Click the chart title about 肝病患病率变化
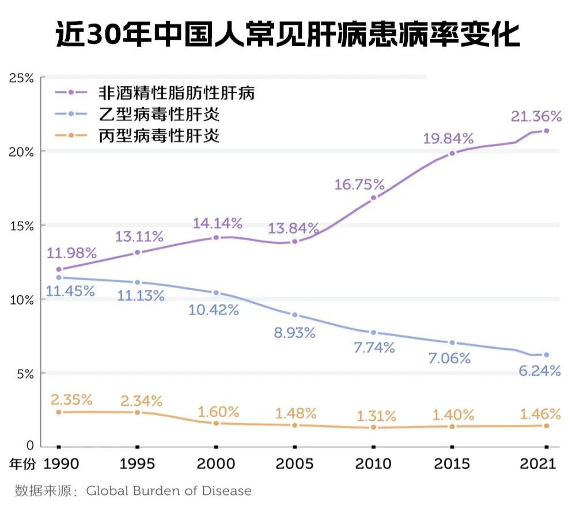[288, 35]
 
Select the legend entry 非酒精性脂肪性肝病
[176, 92]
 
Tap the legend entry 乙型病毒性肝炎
[159, 114]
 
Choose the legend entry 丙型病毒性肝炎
[159, 136]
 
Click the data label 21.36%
[536, 117]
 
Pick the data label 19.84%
[448, 138]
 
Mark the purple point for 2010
[373, 197]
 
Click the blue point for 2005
[295, 315]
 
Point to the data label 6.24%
[539, 371]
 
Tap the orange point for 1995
[137, 412]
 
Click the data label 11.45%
[70, 291]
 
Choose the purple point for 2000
[216, 237]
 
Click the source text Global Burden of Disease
[169, 491]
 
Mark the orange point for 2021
[546, 425]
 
